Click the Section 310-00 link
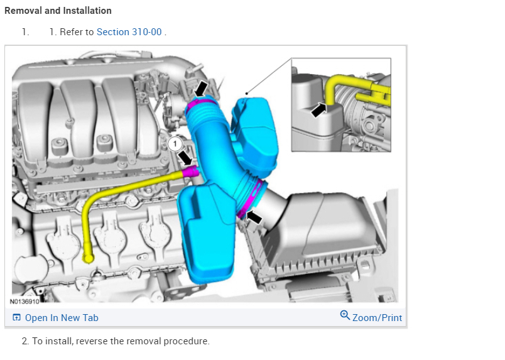129,32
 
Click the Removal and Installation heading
58,11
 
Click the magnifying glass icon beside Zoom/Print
345,315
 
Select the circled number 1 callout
175,144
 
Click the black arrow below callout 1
185,158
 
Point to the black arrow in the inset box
319,110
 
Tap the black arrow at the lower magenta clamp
254,217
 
